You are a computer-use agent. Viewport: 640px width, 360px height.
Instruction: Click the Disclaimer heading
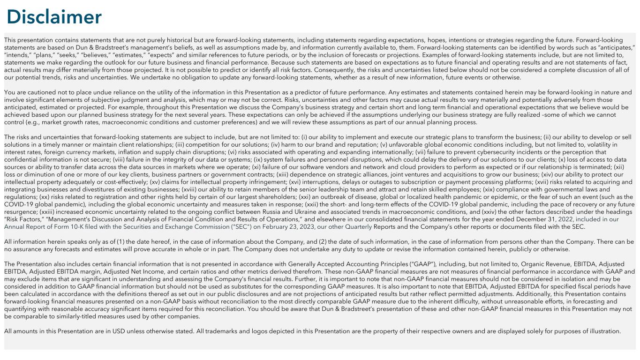pyautogui.click(x=54, y=17)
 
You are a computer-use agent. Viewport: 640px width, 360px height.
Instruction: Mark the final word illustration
pyautogui.click(x=604, y=331)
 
